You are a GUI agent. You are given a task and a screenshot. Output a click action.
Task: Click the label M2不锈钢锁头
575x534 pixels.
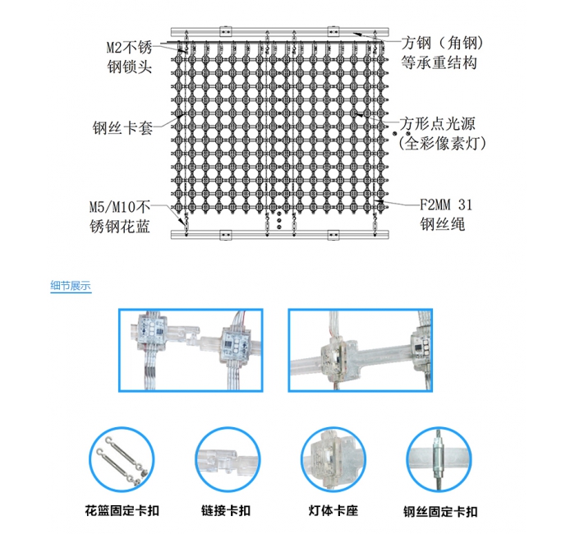130,55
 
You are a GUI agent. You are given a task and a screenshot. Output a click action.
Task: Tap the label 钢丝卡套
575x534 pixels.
123,128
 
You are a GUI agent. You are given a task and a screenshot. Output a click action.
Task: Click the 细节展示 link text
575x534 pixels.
71,287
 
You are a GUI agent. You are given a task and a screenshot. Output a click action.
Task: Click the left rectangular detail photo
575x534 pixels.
192,351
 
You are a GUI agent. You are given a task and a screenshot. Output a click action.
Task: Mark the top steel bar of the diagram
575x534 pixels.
279,31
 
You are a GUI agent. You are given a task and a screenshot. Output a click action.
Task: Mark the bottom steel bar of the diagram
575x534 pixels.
279,236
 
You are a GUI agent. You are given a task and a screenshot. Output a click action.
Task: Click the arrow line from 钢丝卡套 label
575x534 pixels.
168,123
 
